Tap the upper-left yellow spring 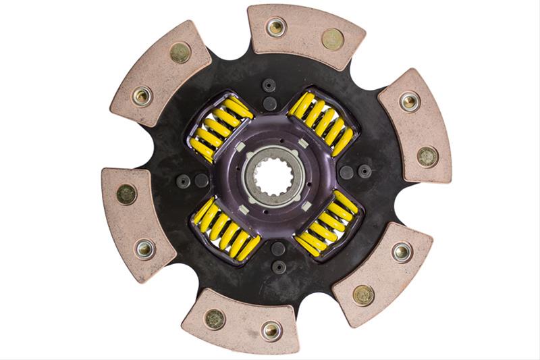(x=218, y=126)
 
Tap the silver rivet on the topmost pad (x=275, y=27)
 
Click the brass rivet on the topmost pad (x=332, y=38)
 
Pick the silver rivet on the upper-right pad (x=410, y=101)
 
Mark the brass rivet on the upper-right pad (x=427, y=156)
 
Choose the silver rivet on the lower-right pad (x=402, y=252)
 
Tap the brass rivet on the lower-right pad (x=363, y=294)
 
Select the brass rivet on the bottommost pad (x=215, y=319)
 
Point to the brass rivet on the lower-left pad (x=126, y=195)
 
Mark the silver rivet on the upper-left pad (x=141, y=96)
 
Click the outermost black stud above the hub (x=269, y=85)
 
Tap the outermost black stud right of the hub (x=365, y=171)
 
